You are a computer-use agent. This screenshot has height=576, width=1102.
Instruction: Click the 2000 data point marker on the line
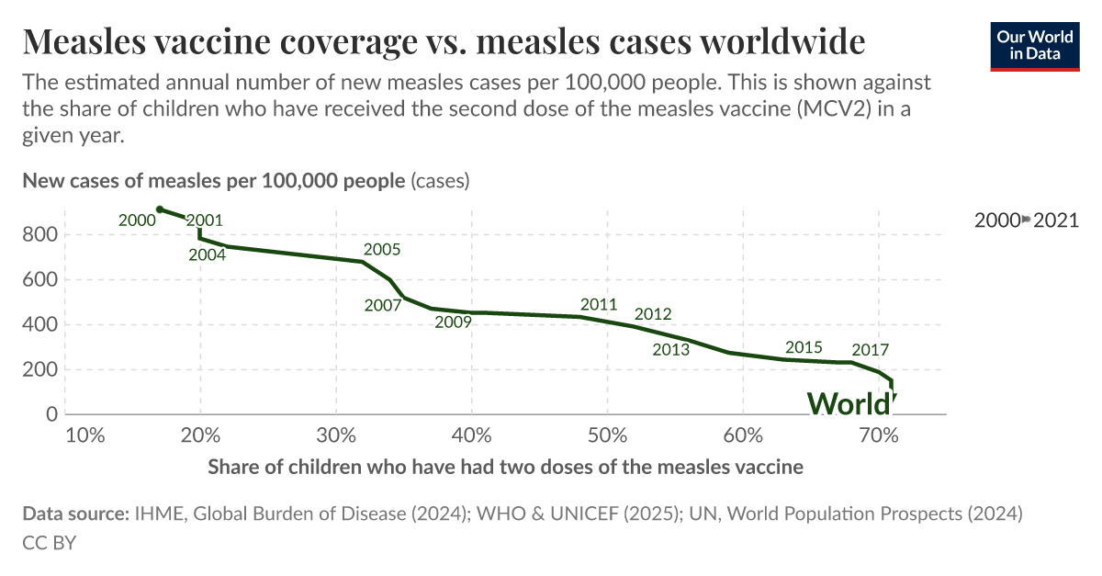(x=160, y=209)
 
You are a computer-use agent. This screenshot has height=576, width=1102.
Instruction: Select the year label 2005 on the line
(x=382, y=249)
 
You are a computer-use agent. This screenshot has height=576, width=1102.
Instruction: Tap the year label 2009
(x=453, y=322)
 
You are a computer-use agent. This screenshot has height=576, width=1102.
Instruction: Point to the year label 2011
(x=599, y=304)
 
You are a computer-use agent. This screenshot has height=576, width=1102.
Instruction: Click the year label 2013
(x=670, y=349)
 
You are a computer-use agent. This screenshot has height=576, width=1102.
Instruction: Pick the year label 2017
(x=870, y=349)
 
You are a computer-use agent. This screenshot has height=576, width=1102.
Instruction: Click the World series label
(x=849, y=404)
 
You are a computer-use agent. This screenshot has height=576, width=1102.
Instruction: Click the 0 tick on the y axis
(x=51, y=414)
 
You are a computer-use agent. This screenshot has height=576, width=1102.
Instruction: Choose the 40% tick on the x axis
(x=471, y=435)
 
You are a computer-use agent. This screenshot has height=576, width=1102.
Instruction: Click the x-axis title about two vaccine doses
(x=505, y=467)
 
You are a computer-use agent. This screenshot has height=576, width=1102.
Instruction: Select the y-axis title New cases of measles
(x=213, y=181)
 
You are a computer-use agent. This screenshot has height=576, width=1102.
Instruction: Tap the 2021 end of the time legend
(x=1056, y=220)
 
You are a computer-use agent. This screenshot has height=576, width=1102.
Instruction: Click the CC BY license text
(x=49, y=542)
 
